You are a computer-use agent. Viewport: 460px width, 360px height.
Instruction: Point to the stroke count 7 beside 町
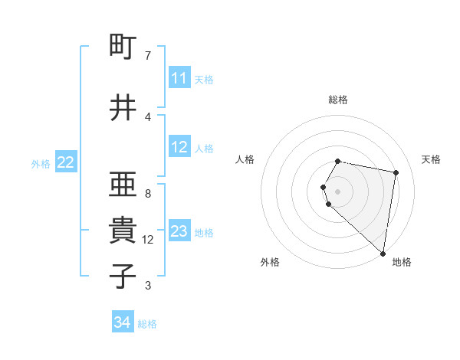coord(148,56)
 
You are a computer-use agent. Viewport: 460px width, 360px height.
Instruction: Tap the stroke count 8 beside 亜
coord(148,194)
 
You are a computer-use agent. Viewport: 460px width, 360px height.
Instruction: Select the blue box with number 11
coord(179,78)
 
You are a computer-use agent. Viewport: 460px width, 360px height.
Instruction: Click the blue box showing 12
coord(179,147)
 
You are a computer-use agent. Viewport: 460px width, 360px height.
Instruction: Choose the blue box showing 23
coord(179,231)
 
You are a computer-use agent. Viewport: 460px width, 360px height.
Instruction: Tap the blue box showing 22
coord(66,162)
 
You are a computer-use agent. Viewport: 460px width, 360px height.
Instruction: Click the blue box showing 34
coord(122,323)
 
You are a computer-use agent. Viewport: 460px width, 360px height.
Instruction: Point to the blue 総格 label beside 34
coord(147,324)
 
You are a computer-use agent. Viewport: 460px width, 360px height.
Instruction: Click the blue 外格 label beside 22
coord(41,163)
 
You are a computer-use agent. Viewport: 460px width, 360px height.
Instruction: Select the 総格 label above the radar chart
coord(338,100)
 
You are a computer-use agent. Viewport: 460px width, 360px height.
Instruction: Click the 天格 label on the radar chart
coord(431,159)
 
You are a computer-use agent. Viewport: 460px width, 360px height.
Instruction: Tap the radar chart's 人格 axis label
coord(245,159)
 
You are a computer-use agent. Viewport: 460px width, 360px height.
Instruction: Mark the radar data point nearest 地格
coord(383,253)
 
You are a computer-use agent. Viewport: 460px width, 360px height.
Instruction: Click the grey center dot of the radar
coord(338,191)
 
